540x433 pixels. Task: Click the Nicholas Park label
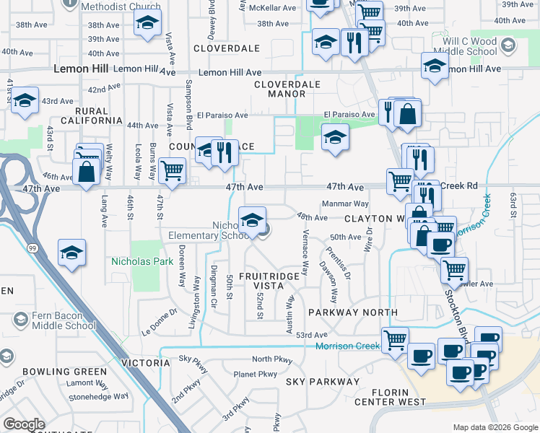point(141,261)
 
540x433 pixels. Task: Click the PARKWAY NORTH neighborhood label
point(352,312)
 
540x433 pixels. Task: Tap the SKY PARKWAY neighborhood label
point(322,381)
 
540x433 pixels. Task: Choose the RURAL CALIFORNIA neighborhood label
point(95,115)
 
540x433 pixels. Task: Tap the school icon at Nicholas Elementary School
point(252,219)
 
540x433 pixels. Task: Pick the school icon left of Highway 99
point(72,253)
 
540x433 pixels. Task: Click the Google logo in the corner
point(24,424)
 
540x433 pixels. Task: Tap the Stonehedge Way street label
point(99,396)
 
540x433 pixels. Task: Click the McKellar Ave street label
point(272,8)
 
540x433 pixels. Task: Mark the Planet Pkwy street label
point(256,374)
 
